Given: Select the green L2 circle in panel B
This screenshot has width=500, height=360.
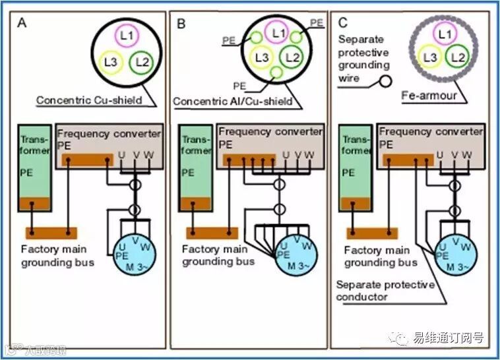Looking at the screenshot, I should point(293,58).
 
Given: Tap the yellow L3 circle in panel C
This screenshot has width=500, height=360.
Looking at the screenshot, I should point(431,58).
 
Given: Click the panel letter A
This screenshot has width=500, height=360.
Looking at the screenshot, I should point(22,23).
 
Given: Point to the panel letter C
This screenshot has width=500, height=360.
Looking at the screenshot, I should point(342,23).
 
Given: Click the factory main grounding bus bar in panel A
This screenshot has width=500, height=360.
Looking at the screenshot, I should point(51,232).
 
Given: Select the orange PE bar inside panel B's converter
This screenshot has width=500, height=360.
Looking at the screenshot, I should point(249,160).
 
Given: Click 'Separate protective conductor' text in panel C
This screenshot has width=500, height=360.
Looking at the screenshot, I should point(385,291).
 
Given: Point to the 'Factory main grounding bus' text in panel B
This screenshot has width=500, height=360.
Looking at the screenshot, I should point(218,255).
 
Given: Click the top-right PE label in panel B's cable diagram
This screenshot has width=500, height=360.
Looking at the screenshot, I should point(317,22).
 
